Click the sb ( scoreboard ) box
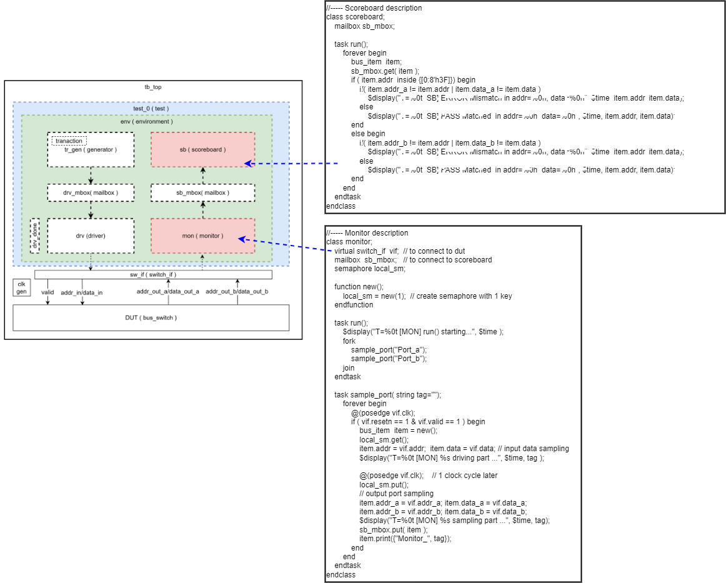click(202, 149)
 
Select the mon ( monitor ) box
click(202, 236)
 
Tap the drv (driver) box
click(91, 236)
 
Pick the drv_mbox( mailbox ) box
click(91, 192)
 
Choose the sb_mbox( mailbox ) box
click(202, 192)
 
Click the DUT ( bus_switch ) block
click(151, 317)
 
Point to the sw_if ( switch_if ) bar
click(153, 274)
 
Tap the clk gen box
click(21, 287)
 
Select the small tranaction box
click(69, 141)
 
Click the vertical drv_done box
click(35, 236)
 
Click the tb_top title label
click(153, 87)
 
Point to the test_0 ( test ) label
click(151, 108)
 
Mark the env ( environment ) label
click(147, 121)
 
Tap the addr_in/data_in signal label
click(81, 292)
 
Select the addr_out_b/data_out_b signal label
click(237, 292)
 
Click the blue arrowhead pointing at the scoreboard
click(247, 164)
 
